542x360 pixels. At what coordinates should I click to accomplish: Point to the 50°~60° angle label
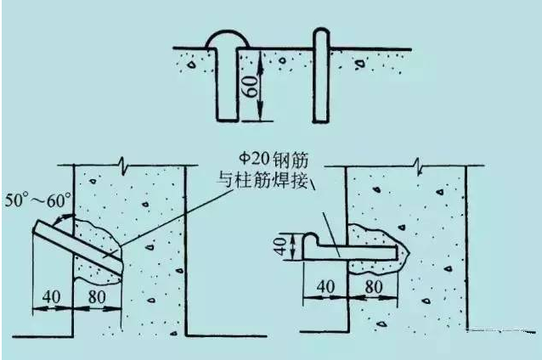tap(38, 200)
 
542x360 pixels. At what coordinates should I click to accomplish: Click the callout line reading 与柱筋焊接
tap(263, 180)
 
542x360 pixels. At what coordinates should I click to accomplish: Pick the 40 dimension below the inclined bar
tap(52, 296)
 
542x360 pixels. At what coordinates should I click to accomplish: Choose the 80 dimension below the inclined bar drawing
tap(97, 296)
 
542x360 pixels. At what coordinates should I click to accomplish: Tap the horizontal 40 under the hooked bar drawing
tap(325, 286)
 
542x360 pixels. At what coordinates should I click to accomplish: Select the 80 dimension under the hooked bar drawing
tap(374, 286)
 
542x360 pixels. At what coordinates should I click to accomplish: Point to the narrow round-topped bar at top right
tap(321, 76)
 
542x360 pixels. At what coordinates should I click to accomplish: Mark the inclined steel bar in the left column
tap(78, 247)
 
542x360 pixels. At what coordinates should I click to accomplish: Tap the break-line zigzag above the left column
tap(122, 165)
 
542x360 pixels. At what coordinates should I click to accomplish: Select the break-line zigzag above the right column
tap(419, 166)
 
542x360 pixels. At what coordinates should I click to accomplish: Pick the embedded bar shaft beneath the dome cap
tap(227, 85)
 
